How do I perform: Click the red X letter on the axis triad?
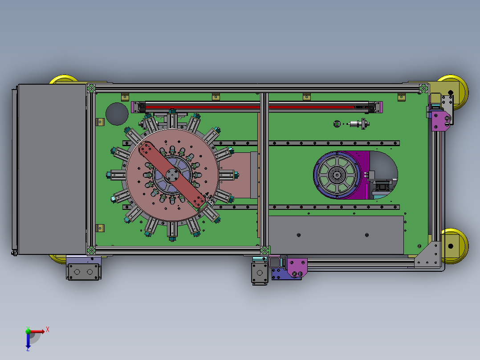coord(48,330)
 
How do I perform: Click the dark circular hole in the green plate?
coord(117,114)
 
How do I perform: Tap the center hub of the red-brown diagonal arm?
coord(172,175)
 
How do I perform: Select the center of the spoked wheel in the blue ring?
coord(337,175)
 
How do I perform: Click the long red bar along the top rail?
coord(257,107)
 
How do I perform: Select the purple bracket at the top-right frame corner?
coord(440,121)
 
